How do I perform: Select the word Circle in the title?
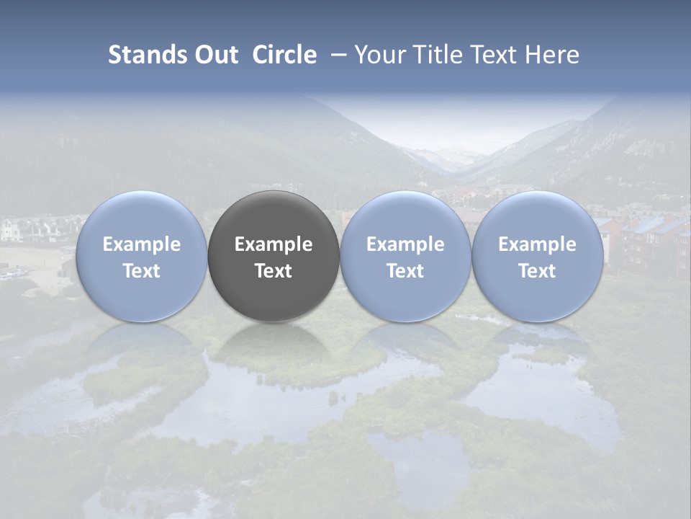tap(284, 55)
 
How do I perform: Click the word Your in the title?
tap(381, 55)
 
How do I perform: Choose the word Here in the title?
tap(552, 55)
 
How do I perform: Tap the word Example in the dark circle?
tap(274, 244)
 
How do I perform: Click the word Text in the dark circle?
tap(274, 271)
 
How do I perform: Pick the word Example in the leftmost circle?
tap(141, 244)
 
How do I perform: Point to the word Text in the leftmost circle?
tap(141, 271)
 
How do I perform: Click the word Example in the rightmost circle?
tap(537, 244)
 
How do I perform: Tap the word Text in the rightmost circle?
tap(537, 271)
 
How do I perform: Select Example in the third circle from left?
tap(405, 244)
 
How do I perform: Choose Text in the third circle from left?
tap(405, 271)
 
